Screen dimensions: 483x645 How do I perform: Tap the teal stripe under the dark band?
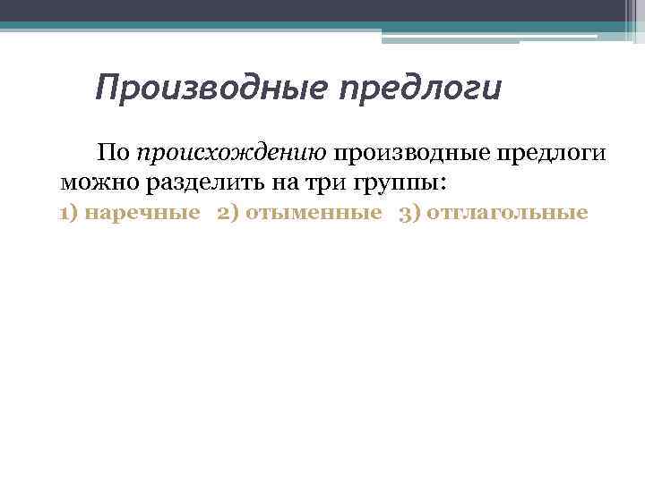pos(269,27)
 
